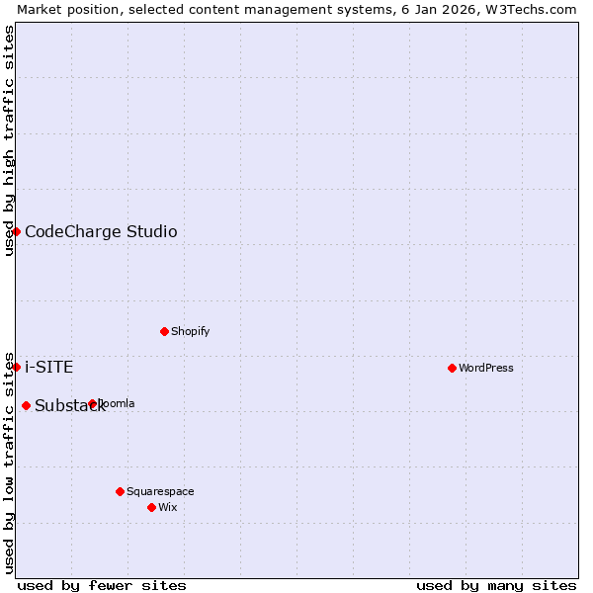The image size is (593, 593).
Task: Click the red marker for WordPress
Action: pyautogui.click(x=452, y=368)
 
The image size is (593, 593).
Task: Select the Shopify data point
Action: pyautogui.click(x=164, y=331)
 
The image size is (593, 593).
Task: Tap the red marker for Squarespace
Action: pyautogui.click(x=120, y=491)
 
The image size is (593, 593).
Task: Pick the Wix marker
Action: pyautogui.click(x=151, y=507)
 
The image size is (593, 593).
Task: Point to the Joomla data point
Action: pyautogui.click(x=92, y=403)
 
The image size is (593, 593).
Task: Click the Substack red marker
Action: pyautogui.click(x=26, y=405)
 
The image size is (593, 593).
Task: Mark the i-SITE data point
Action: pyautogui.click(x=16, y=367)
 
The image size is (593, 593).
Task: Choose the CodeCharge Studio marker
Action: pyautogui.click(x=16, y=231)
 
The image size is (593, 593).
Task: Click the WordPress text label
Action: pyautogui.click(x=486, y=369)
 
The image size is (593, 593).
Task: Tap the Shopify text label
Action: pyautogui.click(x=190, y=332)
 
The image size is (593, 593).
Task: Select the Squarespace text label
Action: pyautogui.click(x=160, y=492)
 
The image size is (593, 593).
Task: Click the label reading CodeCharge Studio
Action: pyautogui.click(x=101, y=232)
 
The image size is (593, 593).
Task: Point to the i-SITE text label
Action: pyautogui.click(x=48, y=368)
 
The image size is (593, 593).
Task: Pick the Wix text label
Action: pyautogui.click(x=168, y=508)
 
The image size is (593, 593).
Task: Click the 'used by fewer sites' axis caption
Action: pyautogui.click(x=102, y=585)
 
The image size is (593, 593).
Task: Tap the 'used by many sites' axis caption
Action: pyautogui.click(x=496, y=585)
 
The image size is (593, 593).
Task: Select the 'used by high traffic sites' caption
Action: pyautogui.click(x=9, y=140)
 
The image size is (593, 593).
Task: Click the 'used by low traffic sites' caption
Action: pyautogui.click(x=9, y=462)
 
